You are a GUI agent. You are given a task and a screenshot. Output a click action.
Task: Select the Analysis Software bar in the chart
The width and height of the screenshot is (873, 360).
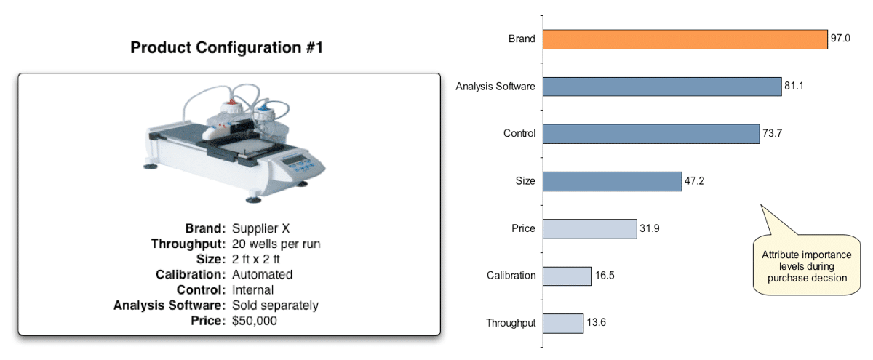[662, 87]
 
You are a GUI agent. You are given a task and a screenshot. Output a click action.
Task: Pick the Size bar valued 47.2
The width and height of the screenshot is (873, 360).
[612, 181]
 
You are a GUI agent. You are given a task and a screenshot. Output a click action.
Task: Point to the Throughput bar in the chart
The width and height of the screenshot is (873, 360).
[563, 323]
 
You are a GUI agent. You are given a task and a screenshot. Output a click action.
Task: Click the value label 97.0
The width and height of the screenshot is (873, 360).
[841, 39]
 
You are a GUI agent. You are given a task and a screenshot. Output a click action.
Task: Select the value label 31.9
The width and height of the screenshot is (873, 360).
[650, 228]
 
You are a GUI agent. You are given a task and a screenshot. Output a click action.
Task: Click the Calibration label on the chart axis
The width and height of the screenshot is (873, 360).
[511, 276]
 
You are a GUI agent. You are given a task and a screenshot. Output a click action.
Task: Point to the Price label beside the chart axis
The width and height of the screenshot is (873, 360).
[523, 228]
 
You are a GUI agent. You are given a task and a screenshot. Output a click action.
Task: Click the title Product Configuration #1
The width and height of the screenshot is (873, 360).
[226, 48]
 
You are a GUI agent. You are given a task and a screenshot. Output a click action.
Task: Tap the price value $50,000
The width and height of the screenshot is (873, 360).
[254, 320]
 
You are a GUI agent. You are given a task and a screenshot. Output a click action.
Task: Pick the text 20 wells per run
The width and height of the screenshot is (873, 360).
[276, 244]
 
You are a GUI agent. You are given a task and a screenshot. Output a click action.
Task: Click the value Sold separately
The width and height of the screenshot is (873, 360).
[275, 305]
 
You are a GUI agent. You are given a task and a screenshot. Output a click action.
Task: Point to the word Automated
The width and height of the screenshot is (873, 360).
[262, 274]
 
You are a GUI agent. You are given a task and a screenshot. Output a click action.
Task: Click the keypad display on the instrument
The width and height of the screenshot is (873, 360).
[295, 159]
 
